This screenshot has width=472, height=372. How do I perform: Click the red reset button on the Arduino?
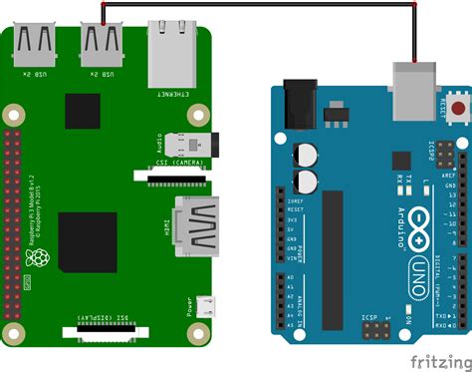pyautogui.click(x=459, y=105)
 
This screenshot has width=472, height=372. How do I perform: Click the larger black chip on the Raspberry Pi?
pyautogui.click(x=88, y=241)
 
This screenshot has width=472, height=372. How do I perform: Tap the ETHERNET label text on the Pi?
pyautogui.click(x=169, y=97)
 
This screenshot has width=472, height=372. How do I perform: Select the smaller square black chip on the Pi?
pyautogui.click(x=83, y=111)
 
